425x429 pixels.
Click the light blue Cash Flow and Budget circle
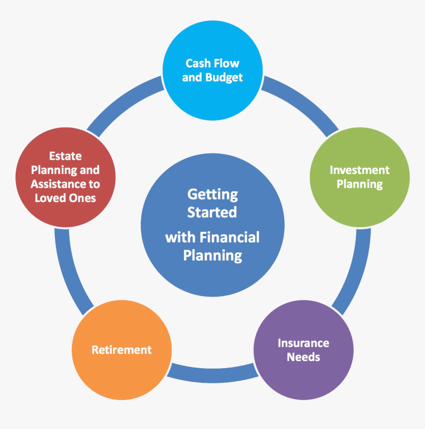pyautogui.click(x=212, y=70)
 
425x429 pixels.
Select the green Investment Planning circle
pyautogui.click(x=360, y=177)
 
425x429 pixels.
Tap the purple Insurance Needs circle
pyautogui.click(x=303, y=350)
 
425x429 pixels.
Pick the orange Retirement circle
pyautogui.click(x=122, y=350)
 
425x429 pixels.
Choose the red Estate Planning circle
pyautogui.click(x=65, y=177)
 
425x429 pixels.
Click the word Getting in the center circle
pyautogui.click(x=212, y=195)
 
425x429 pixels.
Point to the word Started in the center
pyautogui.click(x=212, y=213)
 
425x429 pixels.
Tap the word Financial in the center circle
pyautogui.click(x=229, y=237)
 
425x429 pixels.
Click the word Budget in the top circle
pyautogui.click(x=224, y=78)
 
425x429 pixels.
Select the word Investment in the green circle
pyautogui.click(x=359, y=170)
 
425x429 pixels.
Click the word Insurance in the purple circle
pyautogui.click(x=303, y=343)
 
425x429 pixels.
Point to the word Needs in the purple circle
pyautogui.click(x=303, y=357)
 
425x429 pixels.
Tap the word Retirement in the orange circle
pyautogui.click(x=122, y=350)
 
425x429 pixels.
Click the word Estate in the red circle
pyautogui.click(x=65, y=156)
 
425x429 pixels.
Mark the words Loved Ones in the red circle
pyautogui.click(x=65, y=198)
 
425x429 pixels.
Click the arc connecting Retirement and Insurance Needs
pyautogui.click(x=212, y=376)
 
